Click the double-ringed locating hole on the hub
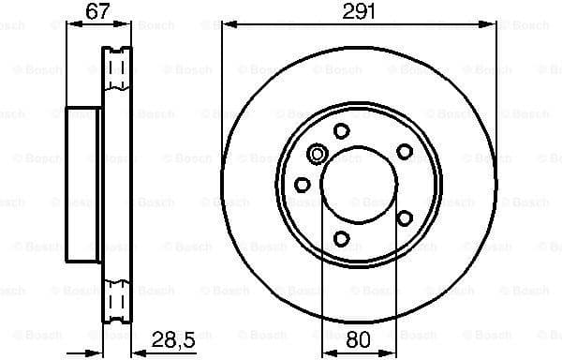[317, 155]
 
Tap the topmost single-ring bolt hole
[341, 130]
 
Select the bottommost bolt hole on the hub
[341, 238]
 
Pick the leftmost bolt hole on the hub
[303, 185]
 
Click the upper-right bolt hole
[405, 151]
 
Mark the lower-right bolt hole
[405, 217]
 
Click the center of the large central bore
[358, 184]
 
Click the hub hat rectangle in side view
[83, 185]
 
